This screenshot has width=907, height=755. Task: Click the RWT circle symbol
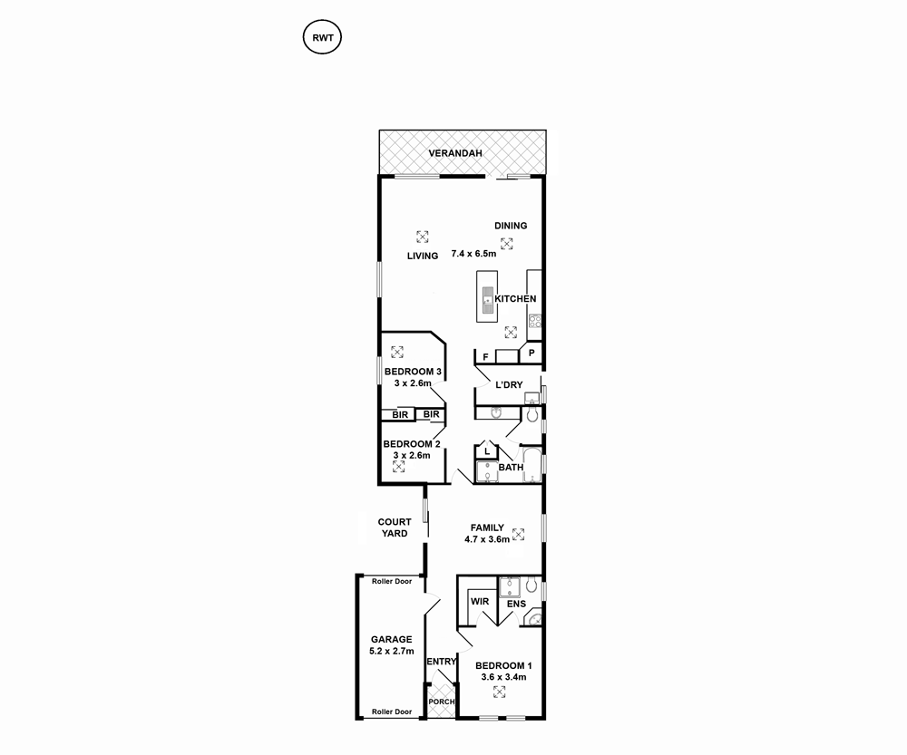coord(321,38)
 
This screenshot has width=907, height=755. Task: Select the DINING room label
coord(511,226)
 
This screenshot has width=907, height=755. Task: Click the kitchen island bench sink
coord(487,300)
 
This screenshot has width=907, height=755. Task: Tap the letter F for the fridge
coord(486,357)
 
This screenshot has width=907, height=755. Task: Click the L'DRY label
coord(509,385)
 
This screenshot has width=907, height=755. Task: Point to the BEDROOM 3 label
coord(413,372)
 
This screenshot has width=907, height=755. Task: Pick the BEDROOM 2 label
coord(412,444)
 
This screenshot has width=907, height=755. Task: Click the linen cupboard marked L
coord(487,450)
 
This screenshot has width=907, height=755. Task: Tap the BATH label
coord(511,468)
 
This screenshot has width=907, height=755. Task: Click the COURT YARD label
coord(395,528)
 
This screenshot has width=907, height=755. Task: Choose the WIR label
coord(481,602)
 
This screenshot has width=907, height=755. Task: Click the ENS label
coord(516,604)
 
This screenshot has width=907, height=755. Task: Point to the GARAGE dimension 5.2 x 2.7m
coord(390,651)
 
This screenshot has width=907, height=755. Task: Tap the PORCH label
coord(441,702)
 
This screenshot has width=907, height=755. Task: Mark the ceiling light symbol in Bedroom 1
coord(500,692)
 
